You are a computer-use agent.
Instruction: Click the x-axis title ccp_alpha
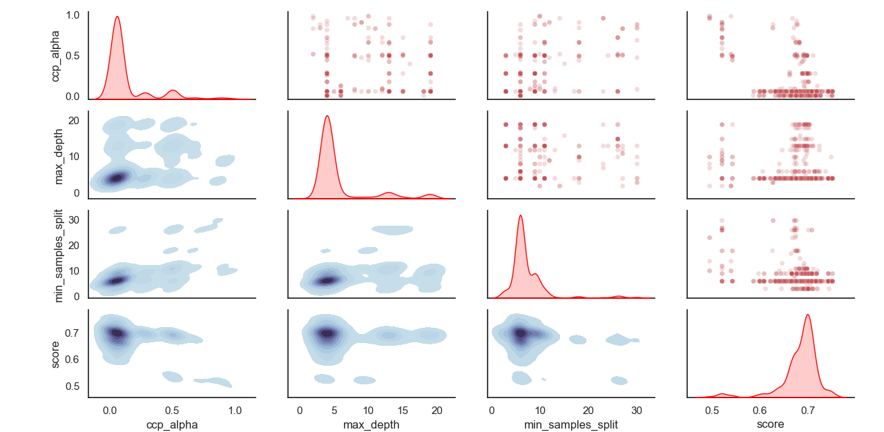(x=172, y=424)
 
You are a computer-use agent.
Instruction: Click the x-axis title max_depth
(x=371, y=424)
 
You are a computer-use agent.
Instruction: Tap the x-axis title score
(x=771, y=424)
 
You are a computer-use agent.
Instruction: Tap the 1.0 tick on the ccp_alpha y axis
(x=74, y=14)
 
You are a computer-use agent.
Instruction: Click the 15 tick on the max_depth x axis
(x=403, y=410)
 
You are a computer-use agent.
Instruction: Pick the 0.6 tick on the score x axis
(x=760, y=410)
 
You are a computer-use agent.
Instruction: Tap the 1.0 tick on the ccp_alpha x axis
(x=234, y=410)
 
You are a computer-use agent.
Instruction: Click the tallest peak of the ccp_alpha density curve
(x=117, y=17)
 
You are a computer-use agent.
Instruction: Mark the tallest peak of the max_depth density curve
(x=327, y=116)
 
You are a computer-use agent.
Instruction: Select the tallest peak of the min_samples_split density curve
(x=520, y=215)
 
